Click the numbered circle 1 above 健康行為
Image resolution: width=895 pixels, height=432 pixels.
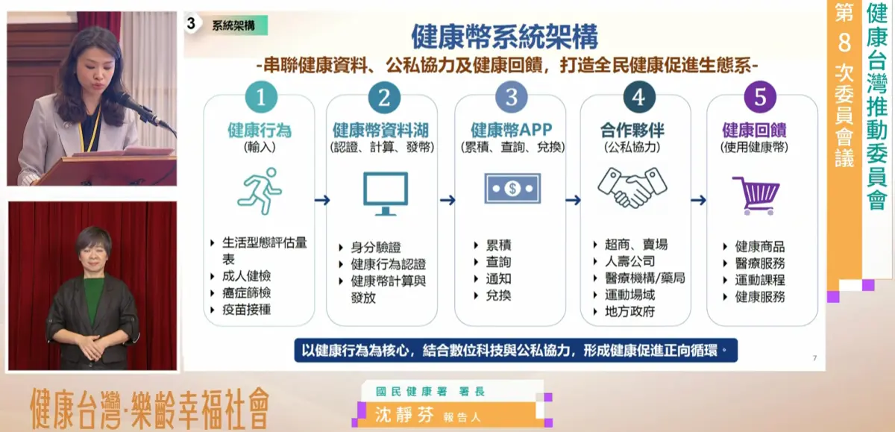(261, 97)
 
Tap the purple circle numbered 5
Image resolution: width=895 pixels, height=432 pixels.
(760, 97)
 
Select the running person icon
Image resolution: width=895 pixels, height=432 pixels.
(260, 191)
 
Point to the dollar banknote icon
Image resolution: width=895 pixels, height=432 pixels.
(512, 188)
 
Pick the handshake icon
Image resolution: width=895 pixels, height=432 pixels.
(632, 187)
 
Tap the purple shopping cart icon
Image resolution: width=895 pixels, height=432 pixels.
(756, 195)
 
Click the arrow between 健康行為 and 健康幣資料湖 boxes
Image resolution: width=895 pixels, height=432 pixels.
(322, 200)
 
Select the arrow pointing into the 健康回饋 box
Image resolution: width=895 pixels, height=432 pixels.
(698, 200)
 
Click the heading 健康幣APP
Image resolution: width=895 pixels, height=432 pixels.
(512, 130)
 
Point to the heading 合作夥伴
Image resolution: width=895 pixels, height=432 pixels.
(632, 131)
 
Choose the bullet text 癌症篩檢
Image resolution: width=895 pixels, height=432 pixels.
(247, 293)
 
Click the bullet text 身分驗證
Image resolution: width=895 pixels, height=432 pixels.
(376, 248)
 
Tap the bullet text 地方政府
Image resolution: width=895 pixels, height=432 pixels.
(629, 312)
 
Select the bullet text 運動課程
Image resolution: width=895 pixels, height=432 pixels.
(760, 280)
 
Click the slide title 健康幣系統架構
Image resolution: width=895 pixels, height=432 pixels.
(505, 37)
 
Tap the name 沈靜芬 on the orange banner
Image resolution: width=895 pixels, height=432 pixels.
(404, 415)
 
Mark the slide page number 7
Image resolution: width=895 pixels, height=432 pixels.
(814, 358)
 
